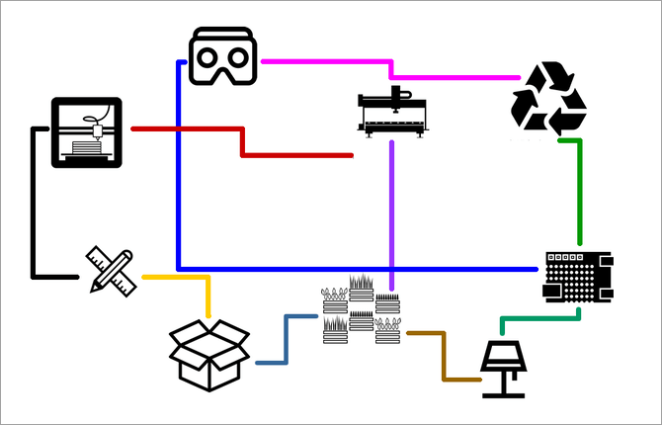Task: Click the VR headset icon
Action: coord(223,56)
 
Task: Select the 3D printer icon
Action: coord(87,132)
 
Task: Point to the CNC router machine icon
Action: coord(393,111)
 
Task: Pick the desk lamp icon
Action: coord(509,368)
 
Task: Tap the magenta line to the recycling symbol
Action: coord(326,62)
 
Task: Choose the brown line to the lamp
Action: coord(444,356)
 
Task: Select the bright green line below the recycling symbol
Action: coord(578,188)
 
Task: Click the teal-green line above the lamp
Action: coord(538,318)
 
